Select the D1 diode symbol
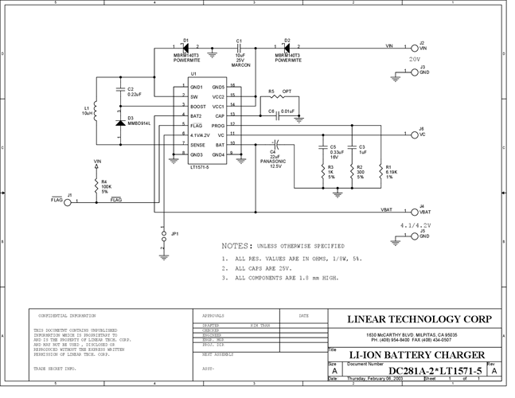pyautogui.click(x=185, y=48)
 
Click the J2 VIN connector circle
pyautogui.click(x=415, y=48)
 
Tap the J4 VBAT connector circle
pyautogui.click(x=415, y=212)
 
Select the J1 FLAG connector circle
pyautogui.click(x=68, y=202)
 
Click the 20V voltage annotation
pyautogui.click(x=414, y=59)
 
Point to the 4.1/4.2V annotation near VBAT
pyautogui.click(x=416, y=225)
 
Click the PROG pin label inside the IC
pyautogui.click(x=219, y=126)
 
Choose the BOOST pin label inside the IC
pyautogui.click(x=197, y=106)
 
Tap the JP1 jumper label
pyautogui.click(x=175, y=234)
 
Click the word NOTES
pyautogui.click(x=236, y=247)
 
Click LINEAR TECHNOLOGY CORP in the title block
pyautogui.click(x=420, y=319)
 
